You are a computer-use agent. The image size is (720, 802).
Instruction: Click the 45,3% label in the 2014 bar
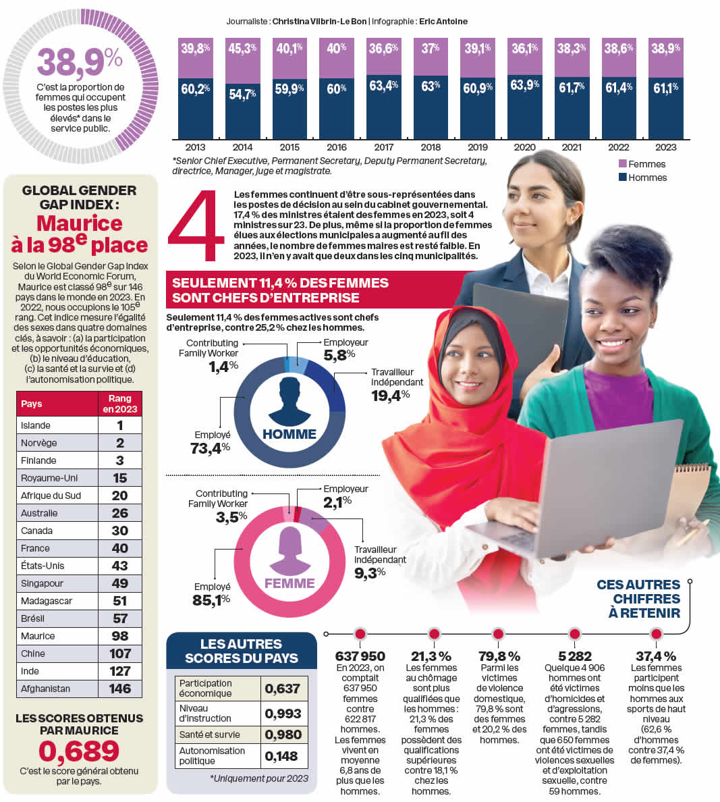[x=242, y=49]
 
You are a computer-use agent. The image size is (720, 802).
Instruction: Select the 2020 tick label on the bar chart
[x=524, y=147]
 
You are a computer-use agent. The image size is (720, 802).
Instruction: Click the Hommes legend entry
[x=642, y=178]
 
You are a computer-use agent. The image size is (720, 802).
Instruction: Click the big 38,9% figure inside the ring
[x=79, y=61]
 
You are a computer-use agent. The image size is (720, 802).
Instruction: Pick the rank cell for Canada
[x=119, y=531]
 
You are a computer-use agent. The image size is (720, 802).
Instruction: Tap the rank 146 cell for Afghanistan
[x=119, y=689]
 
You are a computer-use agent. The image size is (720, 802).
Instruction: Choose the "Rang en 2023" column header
[x=119, y=404]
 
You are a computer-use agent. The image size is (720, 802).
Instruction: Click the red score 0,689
[x=79, y=751]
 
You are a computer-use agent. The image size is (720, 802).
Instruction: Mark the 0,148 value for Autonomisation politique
[x=282, y=756]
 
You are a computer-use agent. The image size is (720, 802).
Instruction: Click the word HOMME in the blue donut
[x=289, y=434]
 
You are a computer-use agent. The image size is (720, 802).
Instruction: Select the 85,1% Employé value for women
[x=211, y=599]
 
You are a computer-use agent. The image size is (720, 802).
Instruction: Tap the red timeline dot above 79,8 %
[x=498, y=634]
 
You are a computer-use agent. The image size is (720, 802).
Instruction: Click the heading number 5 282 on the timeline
[x=575, y=656]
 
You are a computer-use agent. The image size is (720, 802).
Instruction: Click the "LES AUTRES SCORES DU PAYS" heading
[x=242, y=651]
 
